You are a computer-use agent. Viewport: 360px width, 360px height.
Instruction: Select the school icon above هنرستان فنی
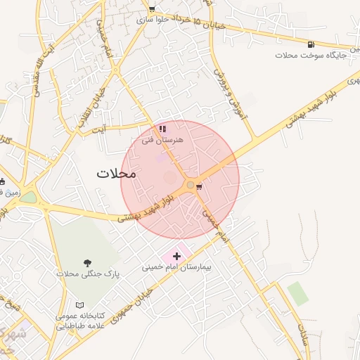(x=162, y=129)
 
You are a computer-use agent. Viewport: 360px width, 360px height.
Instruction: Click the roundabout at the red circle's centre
(x=190, y=185)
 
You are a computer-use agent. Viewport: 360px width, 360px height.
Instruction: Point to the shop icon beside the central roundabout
(x=200, y=187)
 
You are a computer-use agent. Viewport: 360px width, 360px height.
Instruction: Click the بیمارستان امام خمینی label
(x=176, y=268)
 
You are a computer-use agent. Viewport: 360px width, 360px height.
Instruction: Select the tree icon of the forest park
(x=88, y=263)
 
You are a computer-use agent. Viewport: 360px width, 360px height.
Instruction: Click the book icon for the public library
(x=79, y=306)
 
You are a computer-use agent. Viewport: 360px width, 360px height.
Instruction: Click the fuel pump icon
(x=310, y=44)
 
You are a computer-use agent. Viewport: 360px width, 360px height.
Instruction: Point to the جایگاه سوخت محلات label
(x=304, y=55)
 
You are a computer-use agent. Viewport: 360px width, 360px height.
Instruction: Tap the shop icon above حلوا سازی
(x=151, y=9)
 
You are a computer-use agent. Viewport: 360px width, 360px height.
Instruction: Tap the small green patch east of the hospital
(x=297, y=293)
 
